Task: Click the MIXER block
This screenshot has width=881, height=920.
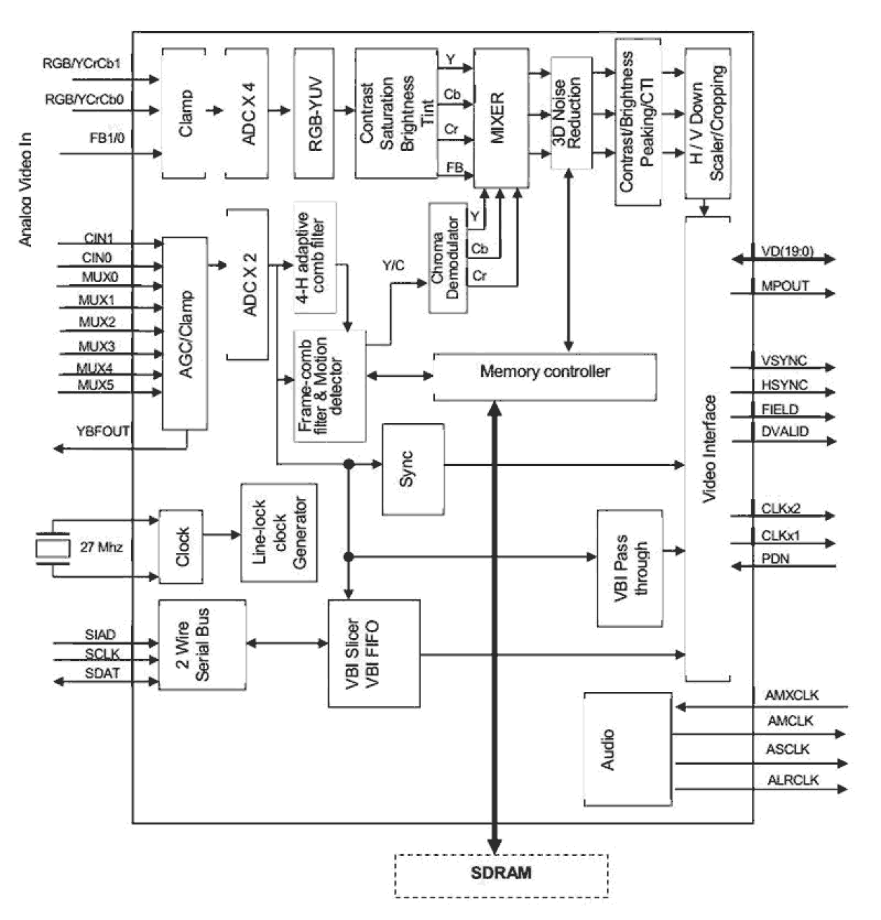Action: [500, 117]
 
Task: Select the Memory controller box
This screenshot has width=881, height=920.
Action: [545, 376]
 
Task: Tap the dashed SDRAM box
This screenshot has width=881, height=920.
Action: [501, 874]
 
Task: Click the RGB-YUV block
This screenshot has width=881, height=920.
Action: [314, 113]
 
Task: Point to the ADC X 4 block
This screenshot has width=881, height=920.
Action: [247, 113]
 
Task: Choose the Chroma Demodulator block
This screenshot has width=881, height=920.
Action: [447, 258]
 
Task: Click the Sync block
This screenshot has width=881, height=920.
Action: [412, 469]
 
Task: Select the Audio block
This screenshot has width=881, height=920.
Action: [627, 749]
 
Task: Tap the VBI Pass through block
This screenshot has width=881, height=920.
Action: [630, 568]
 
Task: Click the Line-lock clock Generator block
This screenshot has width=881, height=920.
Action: [278, 533]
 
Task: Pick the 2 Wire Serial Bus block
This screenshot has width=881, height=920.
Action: [202, 644]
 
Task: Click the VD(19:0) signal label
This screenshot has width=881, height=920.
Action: [787, 251]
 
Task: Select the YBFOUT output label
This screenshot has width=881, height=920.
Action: [102, 431]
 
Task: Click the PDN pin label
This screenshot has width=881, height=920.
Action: [775, 559]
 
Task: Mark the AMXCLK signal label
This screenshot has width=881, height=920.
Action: [791, 695]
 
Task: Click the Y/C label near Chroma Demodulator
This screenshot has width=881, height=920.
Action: [393, 265]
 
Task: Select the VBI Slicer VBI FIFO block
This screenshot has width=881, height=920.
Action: [374, 653]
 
